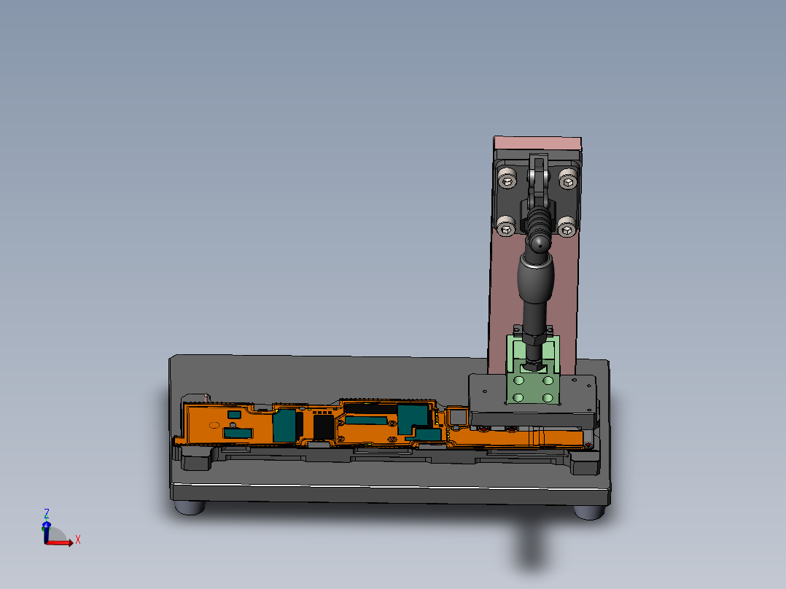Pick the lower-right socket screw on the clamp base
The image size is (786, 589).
click(567, 229)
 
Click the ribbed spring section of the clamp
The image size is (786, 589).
click(537, 219)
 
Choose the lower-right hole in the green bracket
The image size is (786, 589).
click(548, 397)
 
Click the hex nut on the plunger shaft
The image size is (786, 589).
click(533, 337)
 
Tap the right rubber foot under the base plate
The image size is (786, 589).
click(589, 512)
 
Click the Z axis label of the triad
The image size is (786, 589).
click(47, 513)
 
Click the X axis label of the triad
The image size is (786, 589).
click(77, 539)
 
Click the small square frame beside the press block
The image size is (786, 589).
click(457, 416)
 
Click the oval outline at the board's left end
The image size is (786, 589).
click(214, 424)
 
